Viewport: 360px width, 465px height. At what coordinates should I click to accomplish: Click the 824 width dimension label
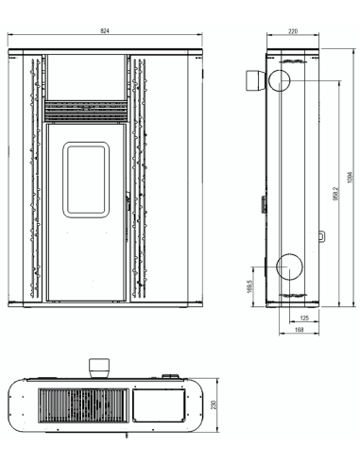pos(105,30)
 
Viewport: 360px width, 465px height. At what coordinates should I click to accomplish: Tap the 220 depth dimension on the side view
pos(293,31)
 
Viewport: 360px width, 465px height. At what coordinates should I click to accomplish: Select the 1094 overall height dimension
pos(351,178)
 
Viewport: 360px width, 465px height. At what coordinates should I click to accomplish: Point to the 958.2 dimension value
pos(335,194)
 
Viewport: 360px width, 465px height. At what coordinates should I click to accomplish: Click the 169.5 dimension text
pos(250,286)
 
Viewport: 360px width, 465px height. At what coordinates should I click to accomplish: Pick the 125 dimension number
pos(304,319)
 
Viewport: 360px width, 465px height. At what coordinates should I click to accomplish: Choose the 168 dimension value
pos(300,330)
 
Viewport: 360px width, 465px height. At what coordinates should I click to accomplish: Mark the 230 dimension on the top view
pos(214,405)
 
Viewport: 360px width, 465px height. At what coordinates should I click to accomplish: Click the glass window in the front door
pos(86,180)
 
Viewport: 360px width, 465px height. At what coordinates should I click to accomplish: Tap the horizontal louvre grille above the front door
pos(86,111)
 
